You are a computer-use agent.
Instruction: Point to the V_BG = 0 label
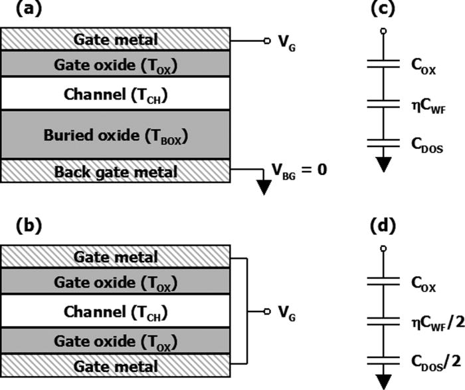point(299,170)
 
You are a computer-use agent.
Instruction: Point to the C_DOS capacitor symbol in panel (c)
point(383,142)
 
